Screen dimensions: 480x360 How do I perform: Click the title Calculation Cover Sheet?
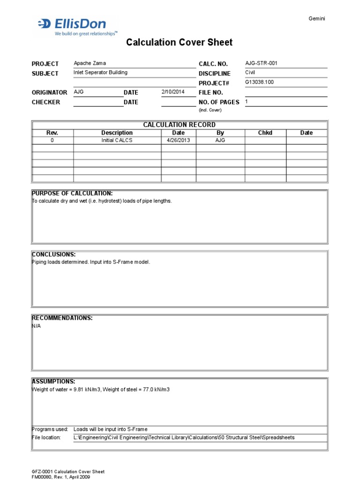(180, 43)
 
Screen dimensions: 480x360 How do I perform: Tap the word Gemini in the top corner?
(317, 18)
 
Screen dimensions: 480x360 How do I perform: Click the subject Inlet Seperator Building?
(100, 73)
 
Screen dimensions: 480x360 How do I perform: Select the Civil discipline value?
(251, 73)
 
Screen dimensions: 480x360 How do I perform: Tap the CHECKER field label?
(46, 102)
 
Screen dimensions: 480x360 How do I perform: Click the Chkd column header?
(265, 133)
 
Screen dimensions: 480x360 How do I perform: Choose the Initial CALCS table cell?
(117, 140)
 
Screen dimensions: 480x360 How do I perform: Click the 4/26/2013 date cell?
(178, 140)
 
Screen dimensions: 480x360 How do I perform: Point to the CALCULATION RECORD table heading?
(179, 125)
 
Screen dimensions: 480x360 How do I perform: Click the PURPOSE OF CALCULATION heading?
(72, 193)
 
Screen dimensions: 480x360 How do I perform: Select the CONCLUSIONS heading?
(53, 255)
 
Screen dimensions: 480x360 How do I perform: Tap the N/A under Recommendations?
(36, 326)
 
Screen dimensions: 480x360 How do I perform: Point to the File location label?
(46, 437)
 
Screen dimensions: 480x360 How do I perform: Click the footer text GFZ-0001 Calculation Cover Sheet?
(68, 472)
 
